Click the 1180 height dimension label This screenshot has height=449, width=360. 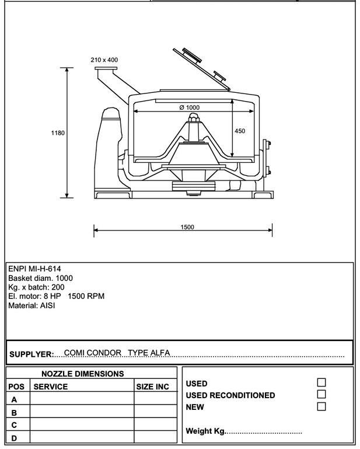pyautogui.click(x=58, y=133)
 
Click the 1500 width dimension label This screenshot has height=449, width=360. pyautogui.click(x=187, y=227)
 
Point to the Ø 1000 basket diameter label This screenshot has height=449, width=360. pyautogui.click(x=190, y=107)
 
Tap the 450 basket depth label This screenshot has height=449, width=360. pyautogui.click(x=240, y=131)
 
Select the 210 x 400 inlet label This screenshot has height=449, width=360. pyautogui.click(x=104, y=60)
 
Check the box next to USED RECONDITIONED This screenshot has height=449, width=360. pyautogui.click(x=321, y=394)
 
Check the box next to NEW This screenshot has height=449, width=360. pyautogui.click(x=321, y=406)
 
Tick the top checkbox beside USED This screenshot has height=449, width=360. pyautogui.click(x=321, y=382)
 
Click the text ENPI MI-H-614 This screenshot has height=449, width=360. pyautogui.click(x=34, y=269)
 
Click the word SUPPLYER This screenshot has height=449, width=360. pyautogui.click(x=32, y=354)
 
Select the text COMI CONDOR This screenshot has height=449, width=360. pyautogui.click(x=92, y=353)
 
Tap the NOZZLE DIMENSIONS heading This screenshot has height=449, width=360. pyautogui.click(x=83, y=374)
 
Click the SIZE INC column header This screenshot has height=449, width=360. pyautogui.click(x=152, y=387)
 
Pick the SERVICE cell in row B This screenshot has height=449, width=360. pyautogui.click(x=82, y=411)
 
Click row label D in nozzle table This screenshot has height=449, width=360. pyautogui.click(x=14, y=438)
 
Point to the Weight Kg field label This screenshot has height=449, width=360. pyautogui.click(x=205, y=431)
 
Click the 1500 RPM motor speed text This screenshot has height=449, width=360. pyautogui.click(x=86, y=296)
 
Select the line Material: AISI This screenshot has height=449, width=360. pyautogui.click(x=32, y=305)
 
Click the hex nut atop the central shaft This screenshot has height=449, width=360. pyautogui.click(x=194, y=117)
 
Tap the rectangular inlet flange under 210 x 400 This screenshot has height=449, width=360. pyautogui.click(x=106, y=69)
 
